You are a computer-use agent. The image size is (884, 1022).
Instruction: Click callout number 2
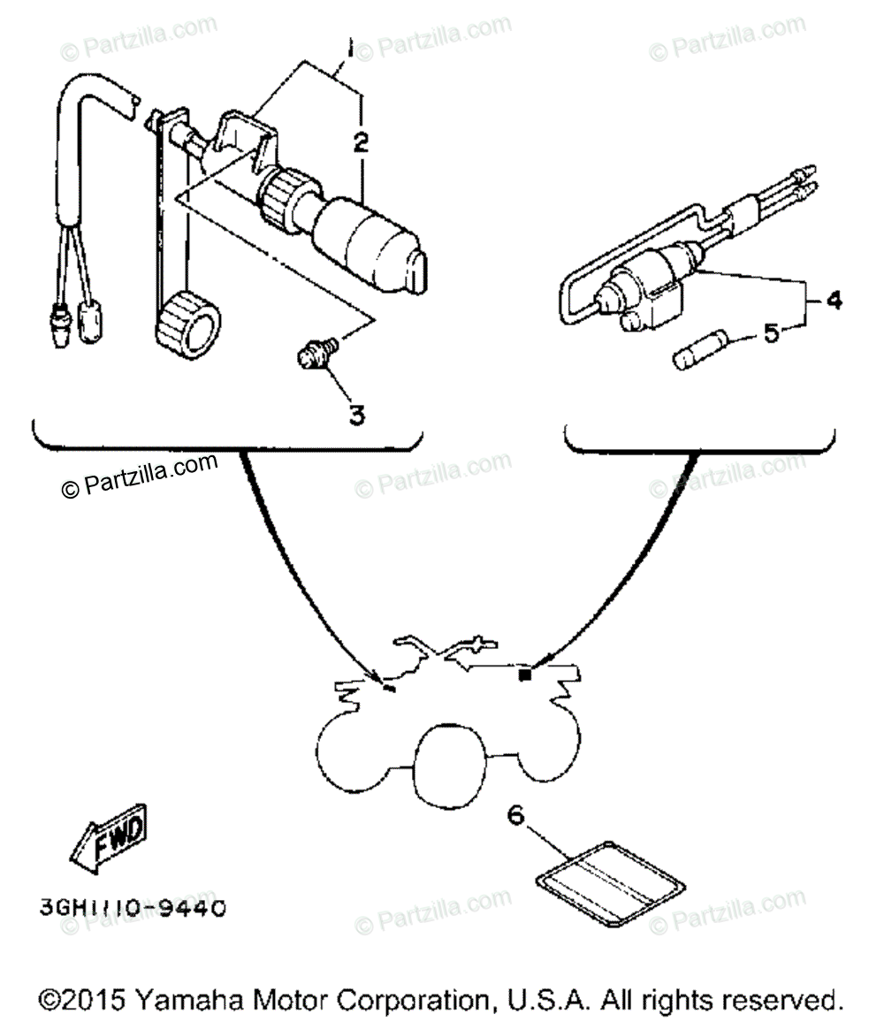pyautogui.click(x=361, y=141)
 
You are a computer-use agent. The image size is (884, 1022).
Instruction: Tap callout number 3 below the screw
pyautogui.click(x=355, y=414)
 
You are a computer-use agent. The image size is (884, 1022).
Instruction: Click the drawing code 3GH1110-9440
pyautogui.click(x=132, y=907)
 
